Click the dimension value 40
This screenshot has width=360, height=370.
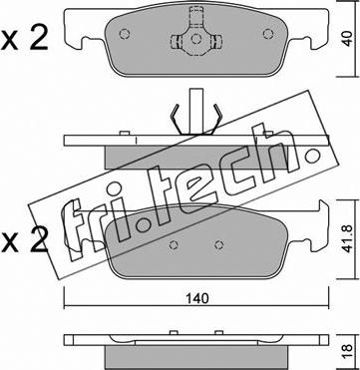coord(348,38)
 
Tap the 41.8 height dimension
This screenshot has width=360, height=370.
coord(348,237)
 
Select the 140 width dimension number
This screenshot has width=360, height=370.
coord(198,298)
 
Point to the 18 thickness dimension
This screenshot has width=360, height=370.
coord(348,351)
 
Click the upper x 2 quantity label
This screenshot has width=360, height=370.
coord(25,38)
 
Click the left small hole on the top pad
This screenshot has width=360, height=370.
coord(125,34)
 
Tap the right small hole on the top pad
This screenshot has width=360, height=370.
coord(267,34)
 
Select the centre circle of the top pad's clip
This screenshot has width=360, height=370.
coord(196,39)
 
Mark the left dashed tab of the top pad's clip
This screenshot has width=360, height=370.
coord(176,42)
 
